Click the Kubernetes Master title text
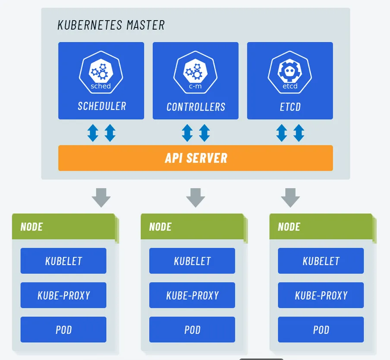point(111,25)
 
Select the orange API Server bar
point(195,158)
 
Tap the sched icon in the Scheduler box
point(101,72)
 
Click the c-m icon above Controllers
point(195,72)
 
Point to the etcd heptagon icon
point(290,72)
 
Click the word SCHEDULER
point(102,106)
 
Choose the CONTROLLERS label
point(196,107)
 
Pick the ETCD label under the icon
point(290,107)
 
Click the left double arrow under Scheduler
point(93,133)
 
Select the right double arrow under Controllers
point(204,133)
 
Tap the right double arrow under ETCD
point(299,133)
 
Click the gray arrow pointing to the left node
point(101,198)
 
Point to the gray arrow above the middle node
point(196,198)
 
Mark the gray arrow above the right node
point(290,198)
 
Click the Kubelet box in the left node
point(63,261)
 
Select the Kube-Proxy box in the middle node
point(192,295)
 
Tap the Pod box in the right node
point(321,329)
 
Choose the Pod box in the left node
point(63,329)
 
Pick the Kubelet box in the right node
point(321,261)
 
